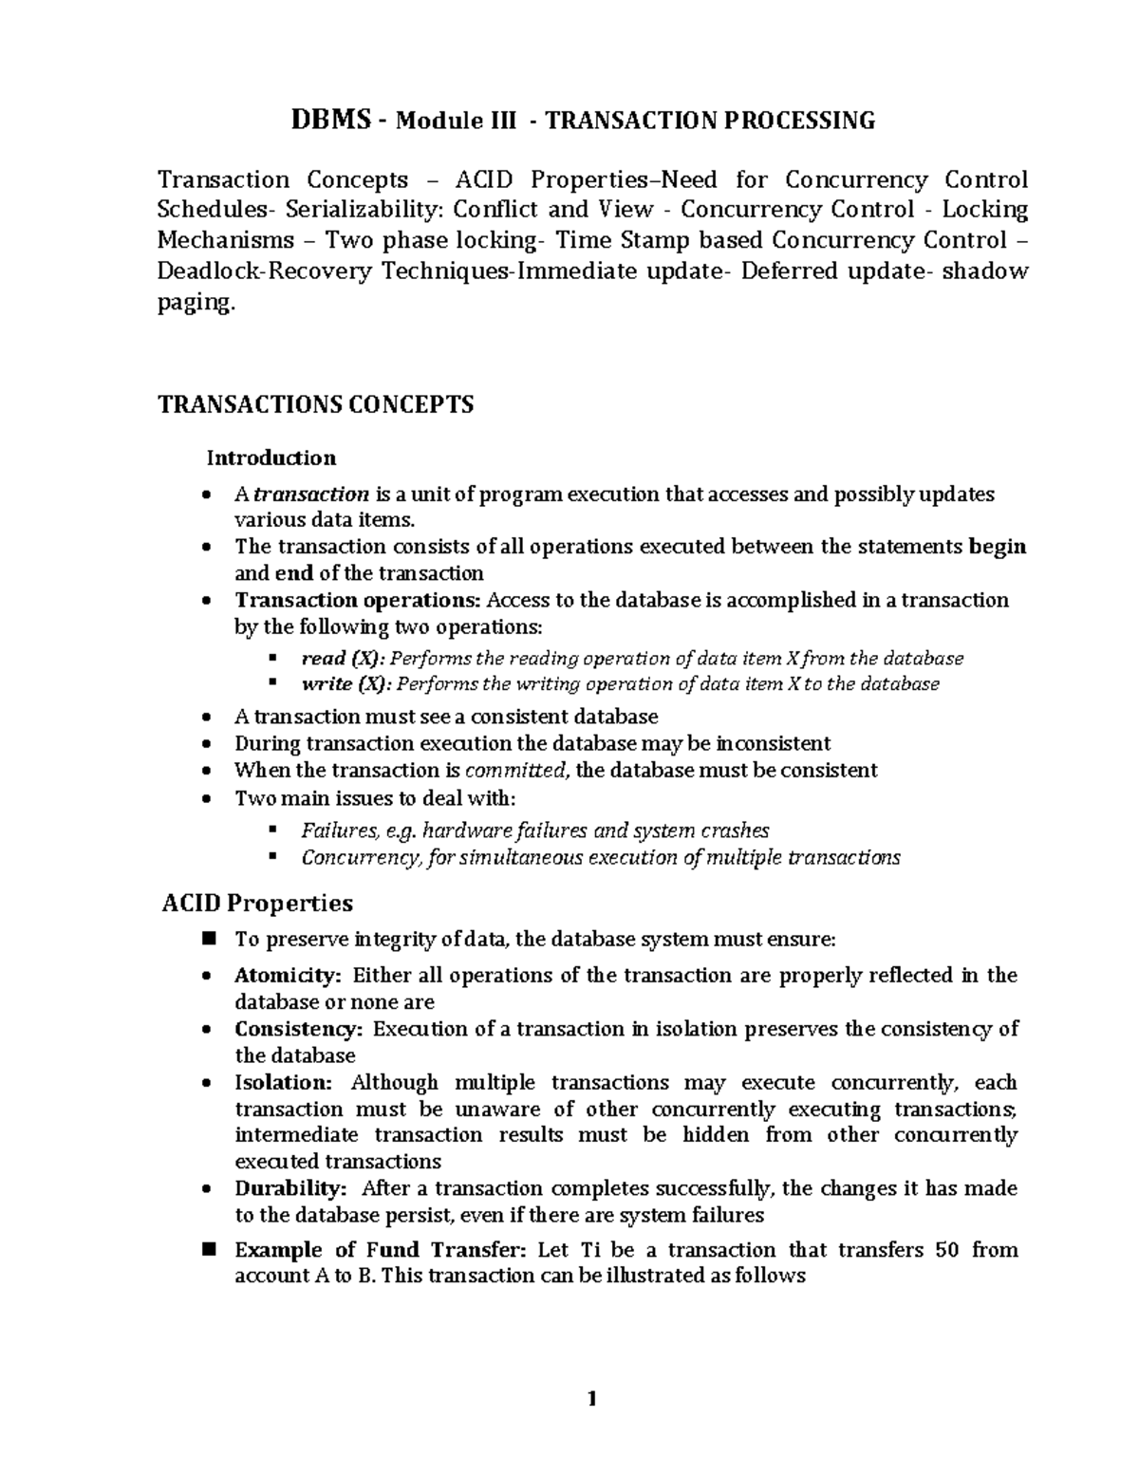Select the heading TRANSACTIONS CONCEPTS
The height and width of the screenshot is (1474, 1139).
(x=315, y=405)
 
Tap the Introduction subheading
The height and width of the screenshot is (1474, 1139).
(x=271, y=458)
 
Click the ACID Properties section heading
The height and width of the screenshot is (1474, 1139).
(x=257, y=903)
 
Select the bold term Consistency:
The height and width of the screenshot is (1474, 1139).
(x=298, y=1029)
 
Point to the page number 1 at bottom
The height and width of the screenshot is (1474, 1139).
(x=592, y=1400)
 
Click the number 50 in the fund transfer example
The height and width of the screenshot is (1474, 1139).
(x=946, y=1250)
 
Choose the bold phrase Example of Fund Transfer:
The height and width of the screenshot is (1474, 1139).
(x=382, y=1250)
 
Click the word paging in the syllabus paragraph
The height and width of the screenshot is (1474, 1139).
(x=193, y=303)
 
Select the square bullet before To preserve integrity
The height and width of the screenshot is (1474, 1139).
(x=209, y=940)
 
